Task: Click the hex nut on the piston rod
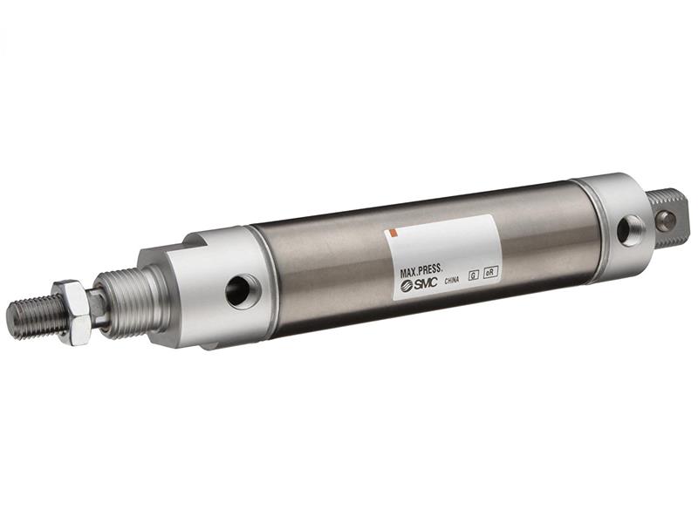click(x=73, y=310)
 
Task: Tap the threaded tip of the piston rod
click(x=31, y=318)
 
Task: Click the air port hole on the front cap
click(x=240, y=290)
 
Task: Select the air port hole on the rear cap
click(x=629, y=230)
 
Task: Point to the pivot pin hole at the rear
click(x=666, y=219)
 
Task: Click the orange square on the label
click(x=393, y=233)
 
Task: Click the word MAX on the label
click(x=409, y=273)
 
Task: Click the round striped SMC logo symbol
click(x=407, y=287)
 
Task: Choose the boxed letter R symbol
click(x=491, y=272)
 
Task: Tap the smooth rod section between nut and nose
click(x=98, y=306)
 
